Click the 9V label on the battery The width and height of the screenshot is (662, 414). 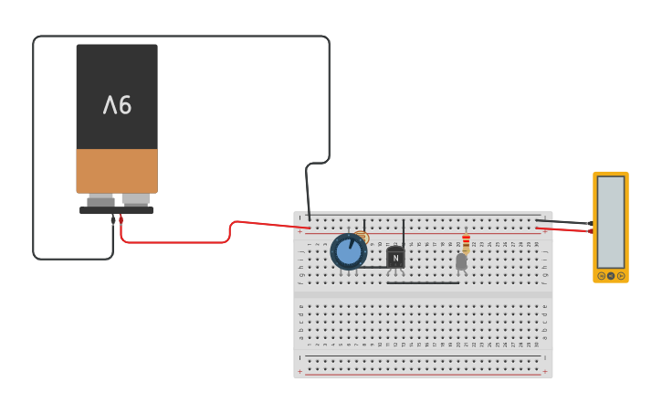coord(117,105)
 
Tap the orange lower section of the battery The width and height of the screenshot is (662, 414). coord(117,171)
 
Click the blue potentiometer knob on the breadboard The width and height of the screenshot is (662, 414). coord(348,251)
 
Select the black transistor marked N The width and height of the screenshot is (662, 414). coord(395,258)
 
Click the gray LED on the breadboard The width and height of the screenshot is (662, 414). coord(461,261)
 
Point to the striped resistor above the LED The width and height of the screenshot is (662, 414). coord(466,243)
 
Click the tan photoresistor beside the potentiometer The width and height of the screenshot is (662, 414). coord(362,238)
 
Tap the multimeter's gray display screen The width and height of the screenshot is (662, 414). coord(610,221)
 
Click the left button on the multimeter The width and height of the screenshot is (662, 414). coord(601,275)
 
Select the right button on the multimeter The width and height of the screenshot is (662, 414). coord(621,275)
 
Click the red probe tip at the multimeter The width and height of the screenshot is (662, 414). coord(590,231)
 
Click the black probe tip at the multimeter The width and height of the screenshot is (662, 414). coord(590,224)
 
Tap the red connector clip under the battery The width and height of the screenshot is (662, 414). coord(121,219)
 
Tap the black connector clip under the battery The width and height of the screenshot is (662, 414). coord(113,220)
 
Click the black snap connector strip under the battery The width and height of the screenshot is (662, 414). coord(116,210)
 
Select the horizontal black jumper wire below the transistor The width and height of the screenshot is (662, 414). coord(423,282)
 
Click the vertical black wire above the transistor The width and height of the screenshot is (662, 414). coord(403,232)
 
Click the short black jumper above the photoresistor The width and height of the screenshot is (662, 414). coord(364,224)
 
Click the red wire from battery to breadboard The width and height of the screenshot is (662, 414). coord(183,242)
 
